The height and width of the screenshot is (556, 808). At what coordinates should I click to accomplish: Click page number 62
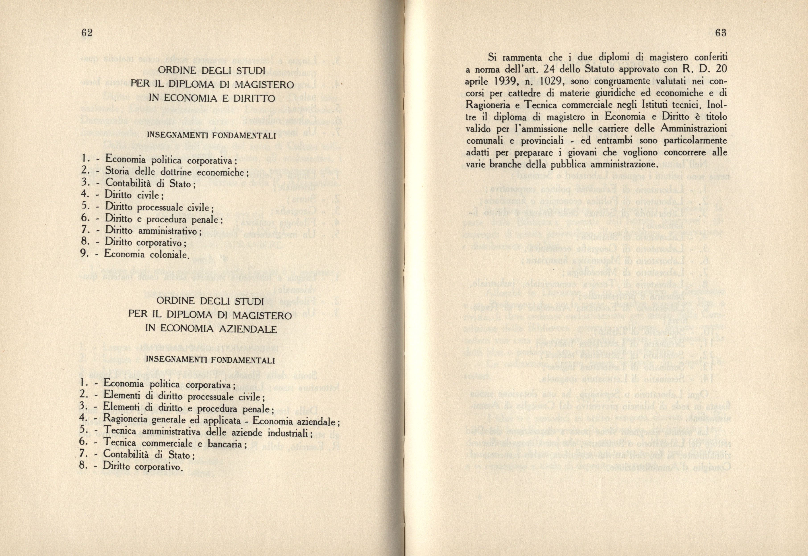pyautogui.click(x=86, y=33)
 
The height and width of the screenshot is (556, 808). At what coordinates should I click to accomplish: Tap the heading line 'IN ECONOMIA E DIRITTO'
pyautogui.click(x=212, y=98)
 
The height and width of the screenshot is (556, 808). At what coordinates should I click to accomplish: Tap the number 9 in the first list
pyautogui.click(x=83, y=253)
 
